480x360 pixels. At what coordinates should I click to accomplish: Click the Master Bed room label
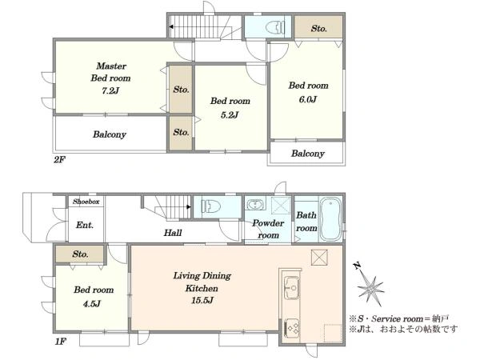coord(111,72)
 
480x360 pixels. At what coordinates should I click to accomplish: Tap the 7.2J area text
coord(110,91)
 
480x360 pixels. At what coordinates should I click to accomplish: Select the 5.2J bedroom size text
coord(230,115)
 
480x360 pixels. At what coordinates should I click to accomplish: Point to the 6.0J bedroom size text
coord(308,99)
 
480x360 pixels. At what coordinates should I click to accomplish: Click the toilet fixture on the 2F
coord(274,27)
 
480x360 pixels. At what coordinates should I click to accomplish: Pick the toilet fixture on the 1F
coord(211,206)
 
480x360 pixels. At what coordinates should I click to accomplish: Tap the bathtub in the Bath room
coord(330,219)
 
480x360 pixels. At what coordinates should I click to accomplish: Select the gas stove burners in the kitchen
coord(292,328)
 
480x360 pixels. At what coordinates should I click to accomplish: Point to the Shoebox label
coord(86,202)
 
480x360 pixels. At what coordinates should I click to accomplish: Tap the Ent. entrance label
coord(85,226)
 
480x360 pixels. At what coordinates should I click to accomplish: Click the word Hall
coord(173,233)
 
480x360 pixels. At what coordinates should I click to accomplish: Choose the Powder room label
coord(268,229)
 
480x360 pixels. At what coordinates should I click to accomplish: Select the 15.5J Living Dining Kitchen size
coord(202,301)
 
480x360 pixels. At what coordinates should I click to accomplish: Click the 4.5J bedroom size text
coord(92,304)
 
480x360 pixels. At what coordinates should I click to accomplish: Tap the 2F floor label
coord(60,159)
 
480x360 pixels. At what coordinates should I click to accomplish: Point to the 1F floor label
coord(61,342)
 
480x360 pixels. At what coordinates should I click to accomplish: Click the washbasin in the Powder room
coord(254,204)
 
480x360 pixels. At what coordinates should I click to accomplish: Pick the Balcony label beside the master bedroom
coord(110,134)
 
